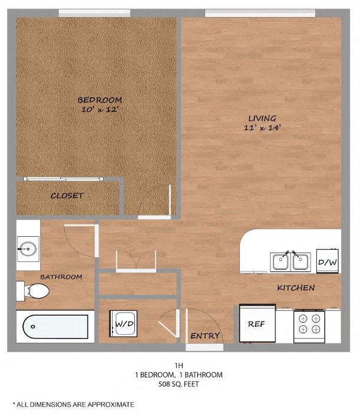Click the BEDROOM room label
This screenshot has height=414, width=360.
(99, 100)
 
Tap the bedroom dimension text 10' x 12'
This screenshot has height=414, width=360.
(99, 110)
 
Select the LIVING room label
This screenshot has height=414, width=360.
(262, 118)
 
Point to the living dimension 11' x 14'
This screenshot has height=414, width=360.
(262, 128)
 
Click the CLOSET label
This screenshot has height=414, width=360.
(67, 196)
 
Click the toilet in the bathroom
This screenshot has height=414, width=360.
(35, 290)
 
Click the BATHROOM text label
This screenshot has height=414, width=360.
(61, 277)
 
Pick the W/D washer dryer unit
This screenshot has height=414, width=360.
(124, 324)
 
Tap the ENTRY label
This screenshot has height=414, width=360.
(205, 336)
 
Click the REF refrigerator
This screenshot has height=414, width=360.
(256, 323)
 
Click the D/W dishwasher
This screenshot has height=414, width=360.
(326, 261)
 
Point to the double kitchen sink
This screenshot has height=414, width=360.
(290, 261)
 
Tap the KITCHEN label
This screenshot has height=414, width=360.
(296, 288)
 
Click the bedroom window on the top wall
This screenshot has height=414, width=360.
(94, 12)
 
